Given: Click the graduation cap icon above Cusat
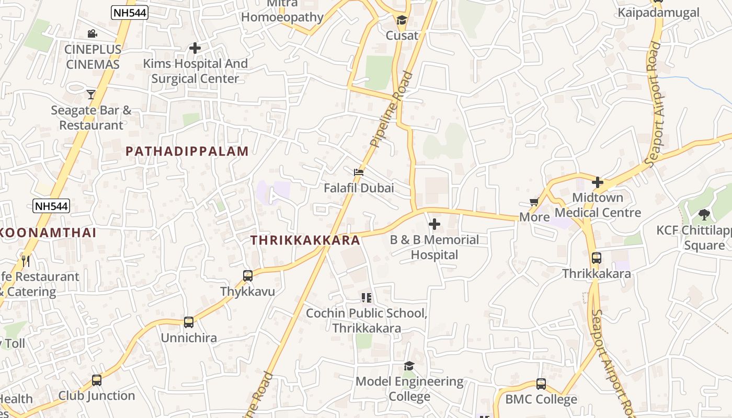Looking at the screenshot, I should (x=402, y=20).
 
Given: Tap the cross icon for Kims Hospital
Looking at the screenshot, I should (x=195, y=48).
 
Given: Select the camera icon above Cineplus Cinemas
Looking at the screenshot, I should (x=92, y=34).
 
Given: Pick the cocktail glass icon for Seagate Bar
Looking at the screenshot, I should (x=91, y=94).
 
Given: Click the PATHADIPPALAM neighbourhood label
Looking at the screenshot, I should (x=187, y=152).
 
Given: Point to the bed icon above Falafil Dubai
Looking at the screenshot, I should (x=359, y=172).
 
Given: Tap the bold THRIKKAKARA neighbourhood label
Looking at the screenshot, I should (x=305, y=240).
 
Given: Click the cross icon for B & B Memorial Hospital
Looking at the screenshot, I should (x=434, y=225).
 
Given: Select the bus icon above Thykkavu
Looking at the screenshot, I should (x=248, y=275).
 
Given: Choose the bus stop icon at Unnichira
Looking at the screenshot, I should (x=189, y=322).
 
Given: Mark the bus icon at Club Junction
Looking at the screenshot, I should (x=97, y=380).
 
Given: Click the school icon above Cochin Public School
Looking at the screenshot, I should (x=367, y=298).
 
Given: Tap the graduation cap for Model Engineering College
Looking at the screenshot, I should (x=409, y=366).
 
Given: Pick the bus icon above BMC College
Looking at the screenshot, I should (x=541, y=384).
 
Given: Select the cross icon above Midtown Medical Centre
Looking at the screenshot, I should (x=598, y=182).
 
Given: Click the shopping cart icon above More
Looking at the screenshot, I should (x=534, y=202).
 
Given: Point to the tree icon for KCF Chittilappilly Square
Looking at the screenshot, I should (x=704, y=214).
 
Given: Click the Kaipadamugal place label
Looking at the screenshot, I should (x=658, y=13).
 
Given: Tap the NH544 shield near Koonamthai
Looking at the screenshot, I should (x=51, y=206).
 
